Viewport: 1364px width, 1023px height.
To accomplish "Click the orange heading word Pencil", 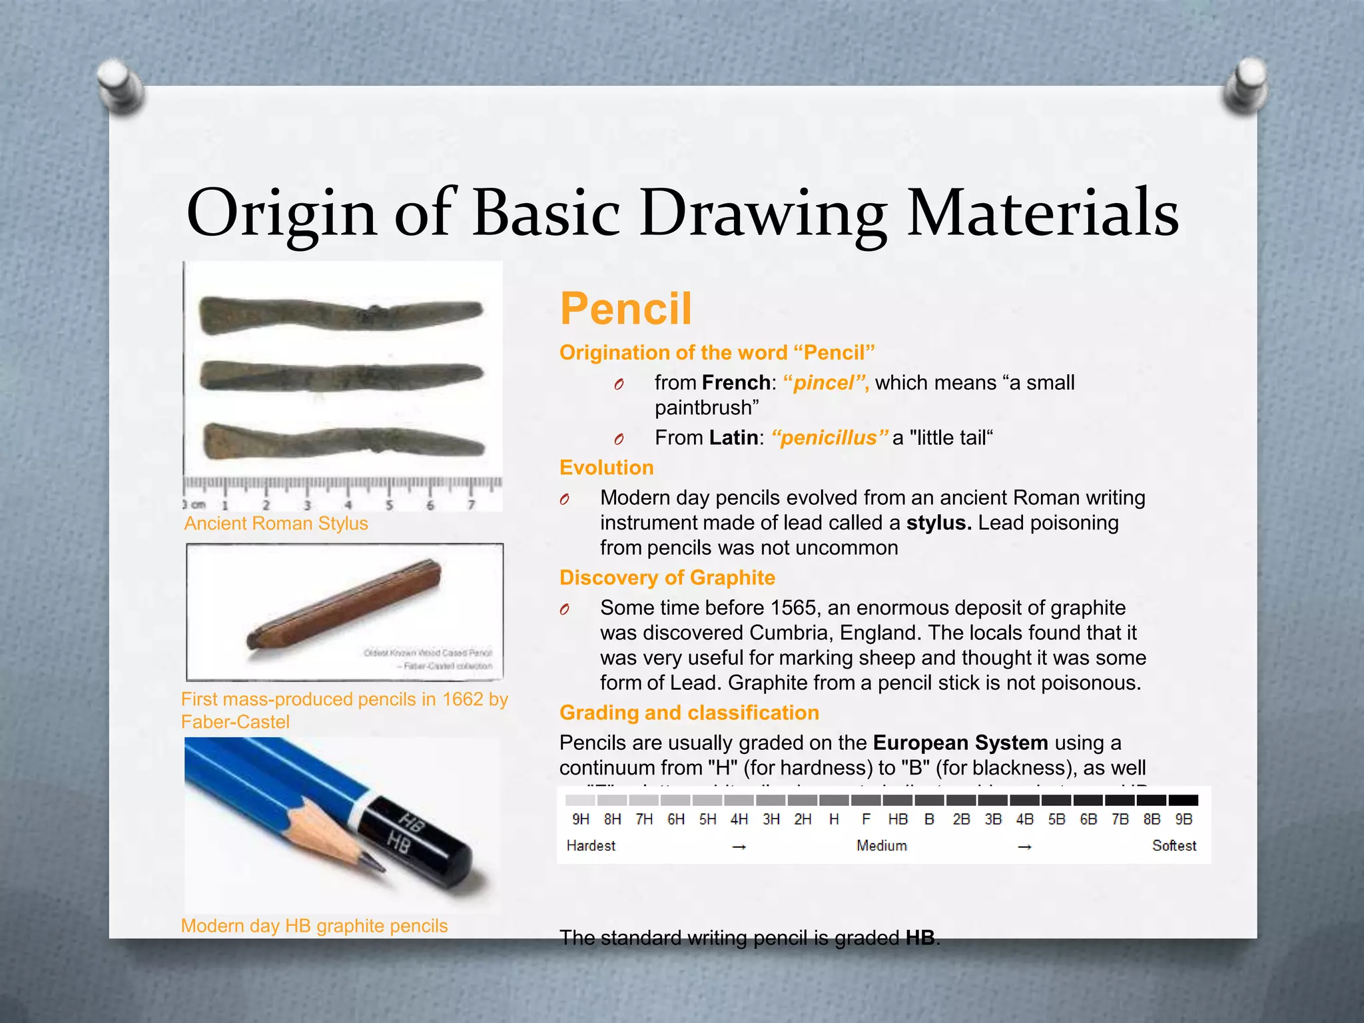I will click(x=625, y=309).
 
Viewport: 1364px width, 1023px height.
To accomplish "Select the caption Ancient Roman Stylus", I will click(x=276, y=523).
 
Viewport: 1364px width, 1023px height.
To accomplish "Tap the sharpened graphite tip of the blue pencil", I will click(x=377, y=865).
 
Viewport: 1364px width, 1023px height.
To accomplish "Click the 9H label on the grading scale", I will click(x=580, y=819).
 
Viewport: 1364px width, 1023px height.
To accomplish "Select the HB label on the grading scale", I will click(x=897, y=819).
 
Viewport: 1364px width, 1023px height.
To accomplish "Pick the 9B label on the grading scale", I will click(x=1184, y=819).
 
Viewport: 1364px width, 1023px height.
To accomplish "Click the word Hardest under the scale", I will click(x=591, y=846).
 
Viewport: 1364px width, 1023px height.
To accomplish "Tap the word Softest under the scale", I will click(x=1174, y=846).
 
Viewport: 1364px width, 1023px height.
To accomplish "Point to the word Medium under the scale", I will click(x=881, y=846).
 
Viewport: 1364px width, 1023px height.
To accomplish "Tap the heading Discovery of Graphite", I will click(x=667, y=577).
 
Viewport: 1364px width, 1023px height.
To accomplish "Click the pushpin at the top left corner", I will click(x=120, y=87).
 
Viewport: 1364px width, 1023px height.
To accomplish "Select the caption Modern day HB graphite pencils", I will click(x=314, y=926).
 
